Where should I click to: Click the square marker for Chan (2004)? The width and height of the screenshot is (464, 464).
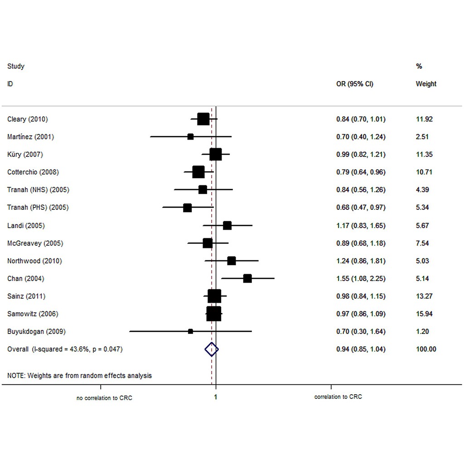[247, 279]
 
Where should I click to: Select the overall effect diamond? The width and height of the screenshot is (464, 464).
[212, 349]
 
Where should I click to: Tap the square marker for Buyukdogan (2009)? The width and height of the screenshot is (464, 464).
[191, 331]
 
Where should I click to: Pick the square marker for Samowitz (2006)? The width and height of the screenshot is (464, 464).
[214, 314]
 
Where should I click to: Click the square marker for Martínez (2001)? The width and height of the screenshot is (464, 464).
[191, 137]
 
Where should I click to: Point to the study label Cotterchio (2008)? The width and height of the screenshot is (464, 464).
[33, 172]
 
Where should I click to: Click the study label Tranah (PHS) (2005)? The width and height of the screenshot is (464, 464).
[38, 208]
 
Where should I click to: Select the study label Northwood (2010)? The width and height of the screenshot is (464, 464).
[34, 261]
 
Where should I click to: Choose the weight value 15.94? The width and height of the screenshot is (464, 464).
[424, 314]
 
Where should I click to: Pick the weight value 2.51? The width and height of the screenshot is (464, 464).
[422, 137]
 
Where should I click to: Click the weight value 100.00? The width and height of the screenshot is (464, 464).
[426, 349]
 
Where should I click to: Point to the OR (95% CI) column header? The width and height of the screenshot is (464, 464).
[355, 84]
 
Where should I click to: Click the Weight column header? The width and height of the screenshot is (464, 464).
[426, 84]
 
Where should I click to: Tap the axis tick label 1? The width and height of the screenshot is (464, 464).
[216, 397]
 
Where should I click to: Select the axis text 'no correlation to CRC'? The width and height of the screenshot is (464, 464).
[105, 398]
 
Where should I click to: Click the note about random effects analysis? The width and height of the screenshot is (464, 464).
[80, 376]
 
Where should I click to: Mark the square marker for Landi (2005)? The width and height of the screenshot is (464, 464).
[227, 226]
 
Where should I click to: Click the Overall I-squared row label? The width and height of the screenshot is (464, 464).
[65, 349]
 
